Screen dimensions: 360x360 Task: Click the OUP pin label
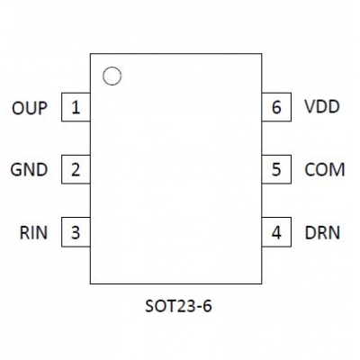point(30,108)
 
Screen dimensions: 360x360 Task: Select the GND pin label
point(29,170)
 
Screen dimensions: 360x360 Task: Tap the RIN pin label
point(33,233)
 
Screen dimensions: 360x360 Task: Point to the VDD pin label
point(322,106)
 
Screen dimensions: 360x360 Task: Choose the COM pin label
point(325,170)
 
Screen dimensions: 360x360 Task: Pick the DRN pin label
point(322,233)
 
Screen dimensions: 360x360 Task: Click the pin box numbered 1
point(76,107)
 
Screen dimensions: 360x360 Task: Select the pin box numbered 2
point(76,169)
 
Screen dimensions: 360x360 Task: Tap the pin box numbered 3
point(76,232)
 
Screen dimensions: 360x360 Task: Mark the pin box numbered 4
point(276,232)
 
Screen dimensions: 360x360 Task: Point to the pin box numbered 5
point(276,169)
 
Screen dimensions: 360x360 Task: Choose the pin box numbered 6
point(276,107)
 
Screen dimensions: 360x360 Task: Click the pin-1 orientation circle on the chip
point(112,67)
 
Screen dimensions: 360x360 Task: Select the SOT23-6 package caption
point(178,306)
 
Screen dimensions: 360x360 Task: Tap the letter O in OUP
point(18,108)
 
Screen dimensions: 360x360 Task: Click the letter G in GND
point(16,170)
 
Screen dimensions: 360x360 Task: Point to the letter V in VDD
point(310,106)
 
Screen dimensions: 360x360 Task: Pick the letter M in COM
point(337,170)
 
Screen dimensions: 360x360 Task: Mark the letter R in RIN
point(24,233)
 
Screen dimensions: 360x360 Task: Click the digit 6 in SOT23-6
point(207,306)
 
